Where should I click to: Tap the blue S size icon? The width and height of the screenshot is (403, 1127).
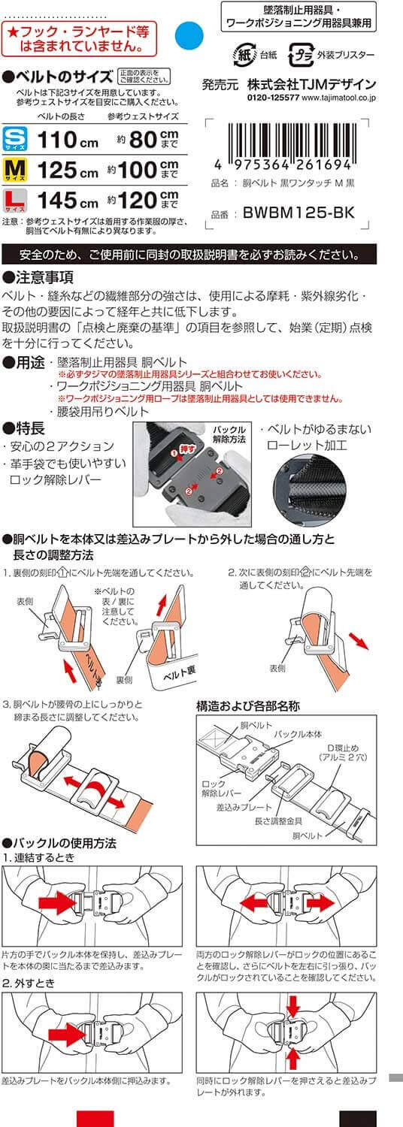15,139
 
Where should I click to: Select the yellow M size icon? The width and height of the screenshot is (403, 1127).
15,168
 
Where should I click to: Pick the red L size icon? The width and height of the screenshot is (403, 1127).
15,198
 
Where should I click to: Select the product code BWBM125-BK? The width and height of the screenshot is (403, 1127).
298,213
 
